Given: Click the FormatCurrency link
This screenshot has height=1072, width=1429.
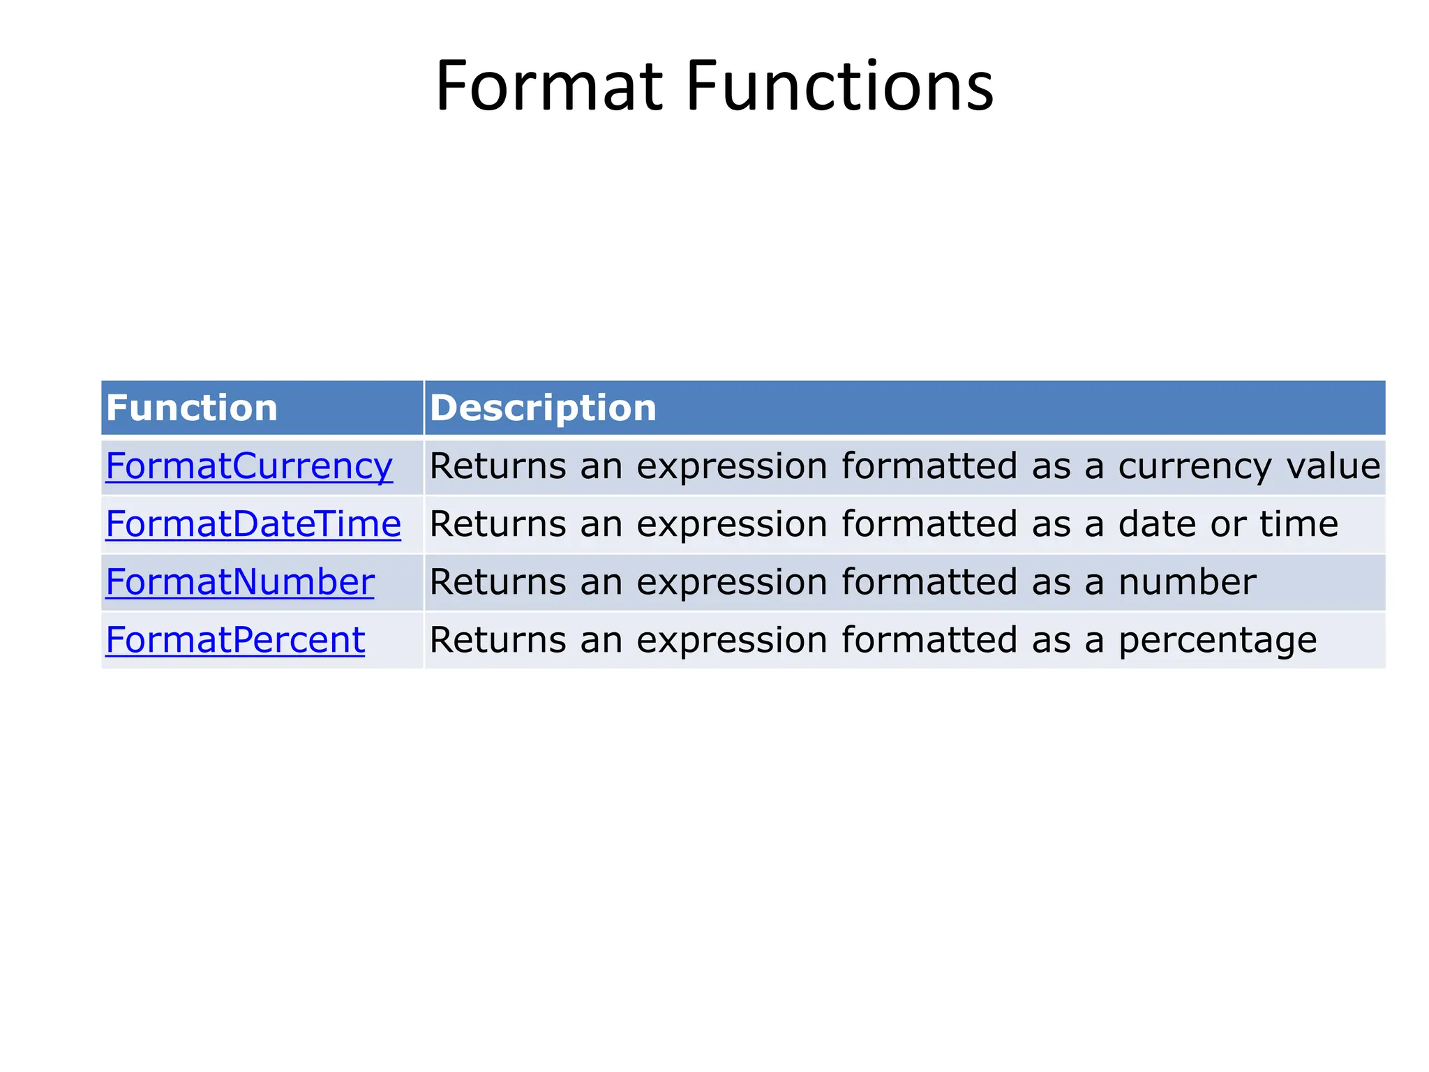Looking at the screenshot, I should click(248, 466).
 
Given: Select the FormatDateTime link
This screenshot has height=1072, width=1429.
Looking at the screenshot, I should click(253, 524).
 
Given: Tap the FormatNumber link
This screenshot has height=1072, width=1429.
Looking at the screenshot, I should click(239, 582).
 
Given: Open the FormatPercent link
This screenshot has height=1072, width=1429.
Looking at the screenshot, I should click(235, 640).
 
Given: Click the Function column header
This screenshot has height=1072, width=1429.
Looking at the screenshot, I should click(192, 408).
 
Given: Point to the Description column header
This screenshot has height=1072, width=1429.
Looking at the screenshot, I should click(543, 408).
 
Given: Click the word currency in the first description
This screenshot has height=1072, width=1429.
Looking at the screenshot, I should click(1194, 466).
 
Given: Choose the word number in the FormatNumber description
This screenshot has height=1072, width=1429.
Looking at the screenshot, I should click(1187, 582).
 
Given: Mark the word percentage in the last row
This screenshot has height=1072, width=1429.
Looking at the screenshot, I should click(1218, 640).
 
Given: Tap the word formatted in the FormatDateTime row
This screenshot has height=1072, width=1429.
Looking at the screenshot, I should click(929, 524).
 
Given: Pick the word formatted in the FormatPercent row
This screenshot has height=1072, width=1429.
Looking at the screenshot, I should click(929, 640).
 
